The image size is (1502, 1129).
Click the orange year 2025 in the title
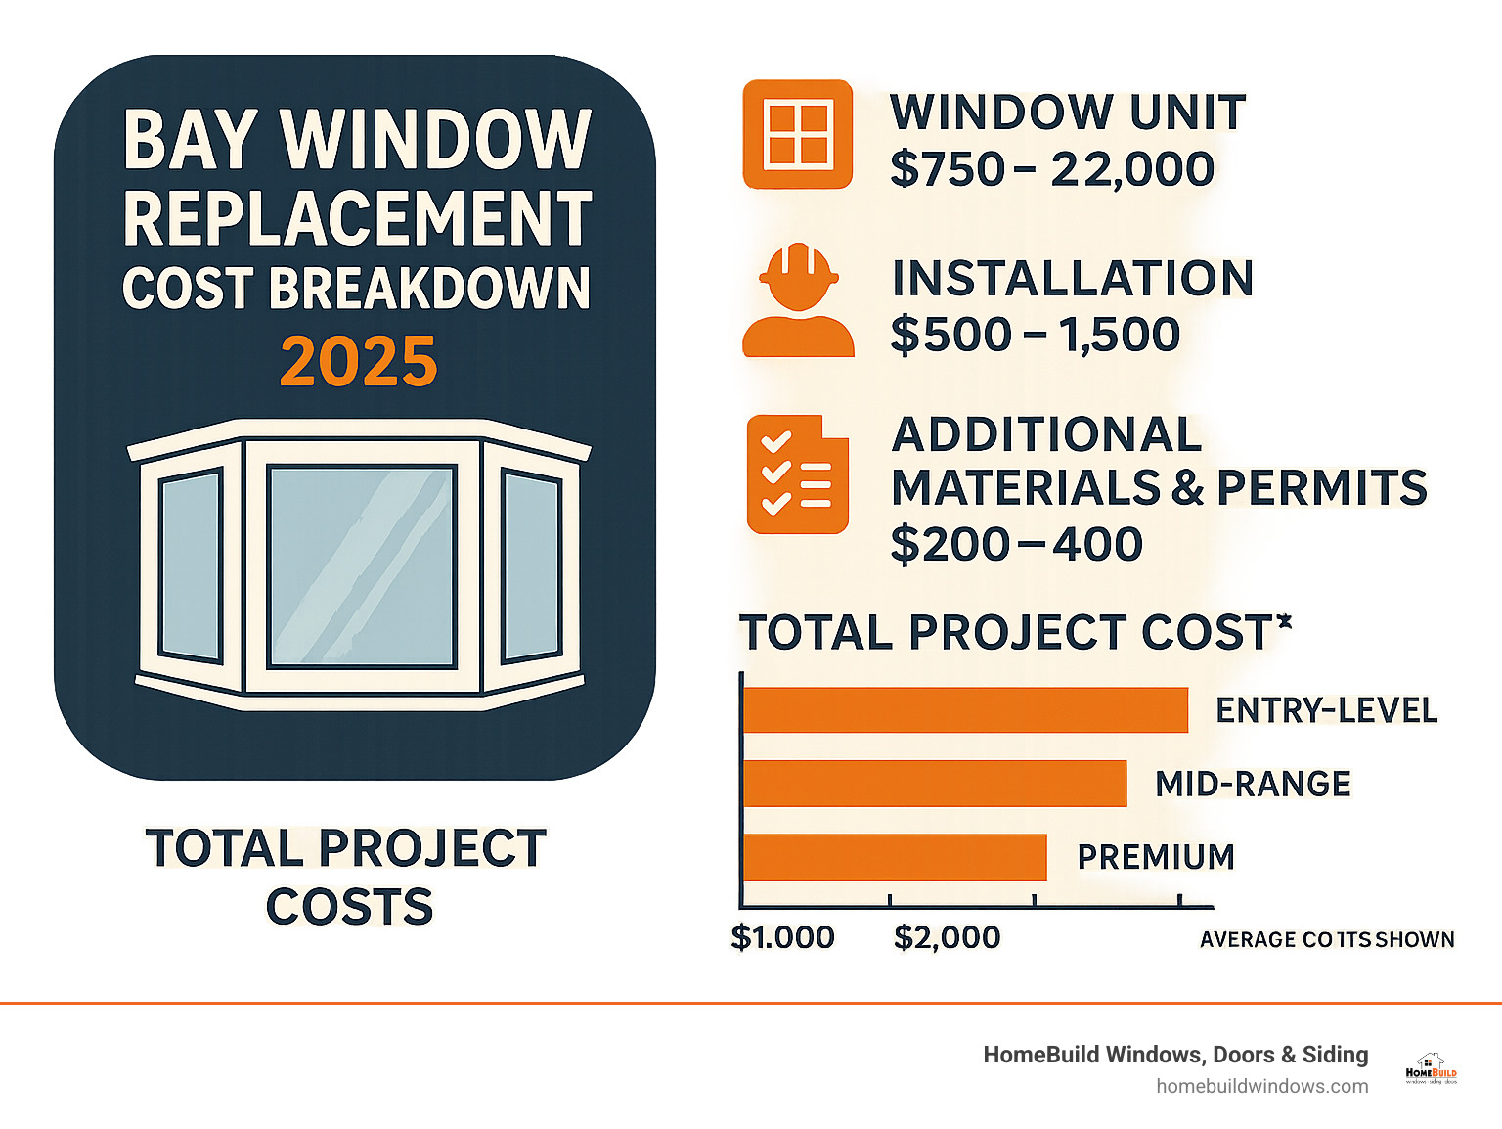click(x=358, y=361)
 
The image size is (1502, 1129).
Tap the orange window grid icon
click(x=798, y=134)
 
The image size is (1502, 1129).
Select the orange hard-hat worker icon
click(x=798, y=299)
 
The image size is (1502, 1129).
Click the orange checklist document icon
click(x=797, y=474)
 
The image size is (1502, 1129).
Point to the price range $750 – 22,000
click(x=1051, y=169)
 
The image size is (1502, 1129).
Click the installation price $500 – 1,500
click(x=1035, y=335)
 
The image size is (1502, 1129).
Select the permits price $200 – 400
click(x=1016, y=544)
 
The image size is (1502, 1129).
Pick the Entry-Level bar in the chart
click(x=964, y=710)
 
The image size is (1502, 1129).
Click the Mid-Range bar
click(x=934, y=784)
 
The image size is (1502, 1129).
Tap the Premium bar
click(x=894, y=857)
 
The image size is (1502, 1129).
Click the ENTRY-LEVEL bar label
click(x=1326, y=710)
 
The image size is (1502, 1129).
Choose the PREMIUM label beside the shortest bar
click(x=1156, y=857)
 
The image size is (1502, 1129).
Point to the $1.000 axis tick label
click(x=782, y=937)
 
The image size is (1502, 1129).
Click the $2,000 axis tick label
click(x=947, y=937)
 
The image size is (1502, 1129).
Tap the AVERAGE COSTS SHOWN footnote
click(x=1327, y=939)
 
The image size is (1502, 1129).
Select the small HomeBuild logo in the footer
click(x=1431, y=1069)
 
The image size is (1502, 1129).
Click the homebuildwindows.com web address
click(x=1261, y=1086)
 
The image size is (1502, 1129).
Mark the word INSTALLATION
click(x=1072, y=279)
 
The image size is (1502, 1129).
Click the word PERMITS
click(x=1321, y=487)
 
